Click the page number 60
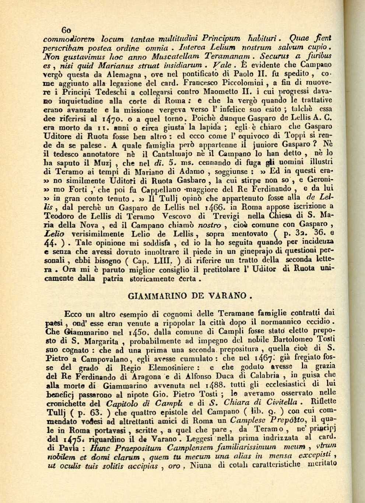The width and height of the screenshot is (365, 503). tap(67, 30)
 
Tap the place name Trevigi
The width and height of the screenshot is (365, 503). tap(211, 215)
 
